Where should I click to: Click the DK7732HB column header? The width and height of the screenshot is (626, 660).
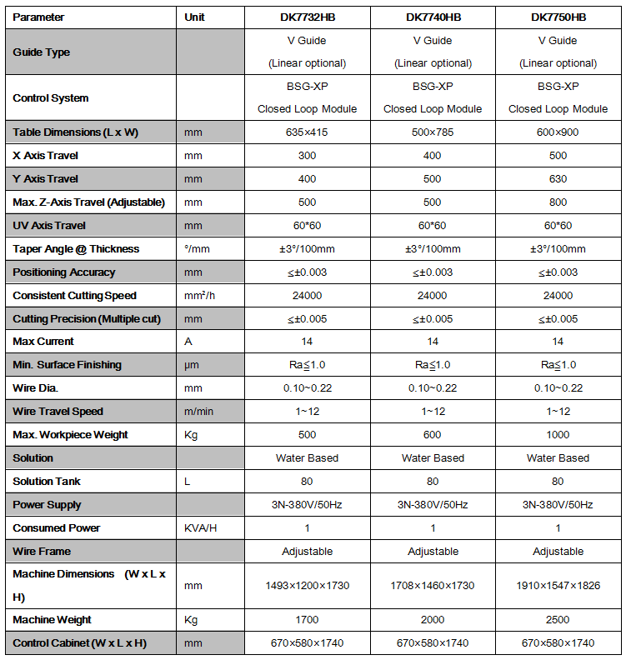point(307,17)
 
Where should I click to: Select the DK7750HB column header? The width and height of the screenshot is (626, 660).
point(558,17)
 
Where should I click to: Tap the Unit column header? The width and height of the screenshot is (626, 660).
point(194,17)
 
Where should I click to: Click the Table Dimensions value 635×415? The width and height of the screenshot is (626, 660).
point(307,132)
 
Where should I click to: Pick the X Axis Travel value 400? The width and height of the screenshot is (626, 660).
point(433,156)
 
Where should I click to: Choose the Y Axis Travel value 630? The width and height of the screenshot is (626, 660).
point(558,179)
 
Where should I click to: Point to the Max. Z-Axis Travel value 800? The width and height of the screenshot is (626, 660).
point(558,202)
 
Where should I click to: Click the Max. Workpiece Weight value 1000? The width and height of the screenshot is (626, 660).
point(558,435)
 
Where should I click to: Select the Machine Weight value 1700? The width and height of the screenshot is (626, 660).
point(307,620)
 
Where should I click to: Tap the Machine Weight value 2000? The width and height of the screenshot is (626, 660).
point(433,620)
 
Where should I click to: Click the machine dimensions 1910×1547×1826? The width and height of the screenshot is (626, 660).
point(558,586)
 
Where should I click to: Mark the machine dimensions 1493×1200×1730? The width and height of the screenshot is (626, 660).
point(307,586)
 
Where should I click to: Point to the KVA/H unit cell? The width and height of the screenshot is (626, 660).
point(201,528)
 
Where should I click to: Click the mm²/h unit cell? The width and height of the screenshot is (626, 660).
point(199,296)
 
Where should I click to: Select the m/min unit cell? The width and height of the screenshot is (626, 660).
point(198,412)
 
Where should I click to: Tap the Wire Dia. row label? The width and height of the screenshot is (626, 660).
point(35,388)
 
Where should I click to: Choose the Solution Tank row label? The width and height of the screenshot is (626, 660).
point(47,482)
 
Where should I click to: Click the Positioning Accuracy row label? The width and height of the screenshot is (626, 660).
point(64,272)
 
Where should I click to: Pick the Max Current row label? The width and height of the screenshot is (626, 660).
point(43,342)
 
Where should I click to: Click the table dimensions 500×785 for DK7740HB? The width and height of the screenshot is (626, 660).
point(433,132)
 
